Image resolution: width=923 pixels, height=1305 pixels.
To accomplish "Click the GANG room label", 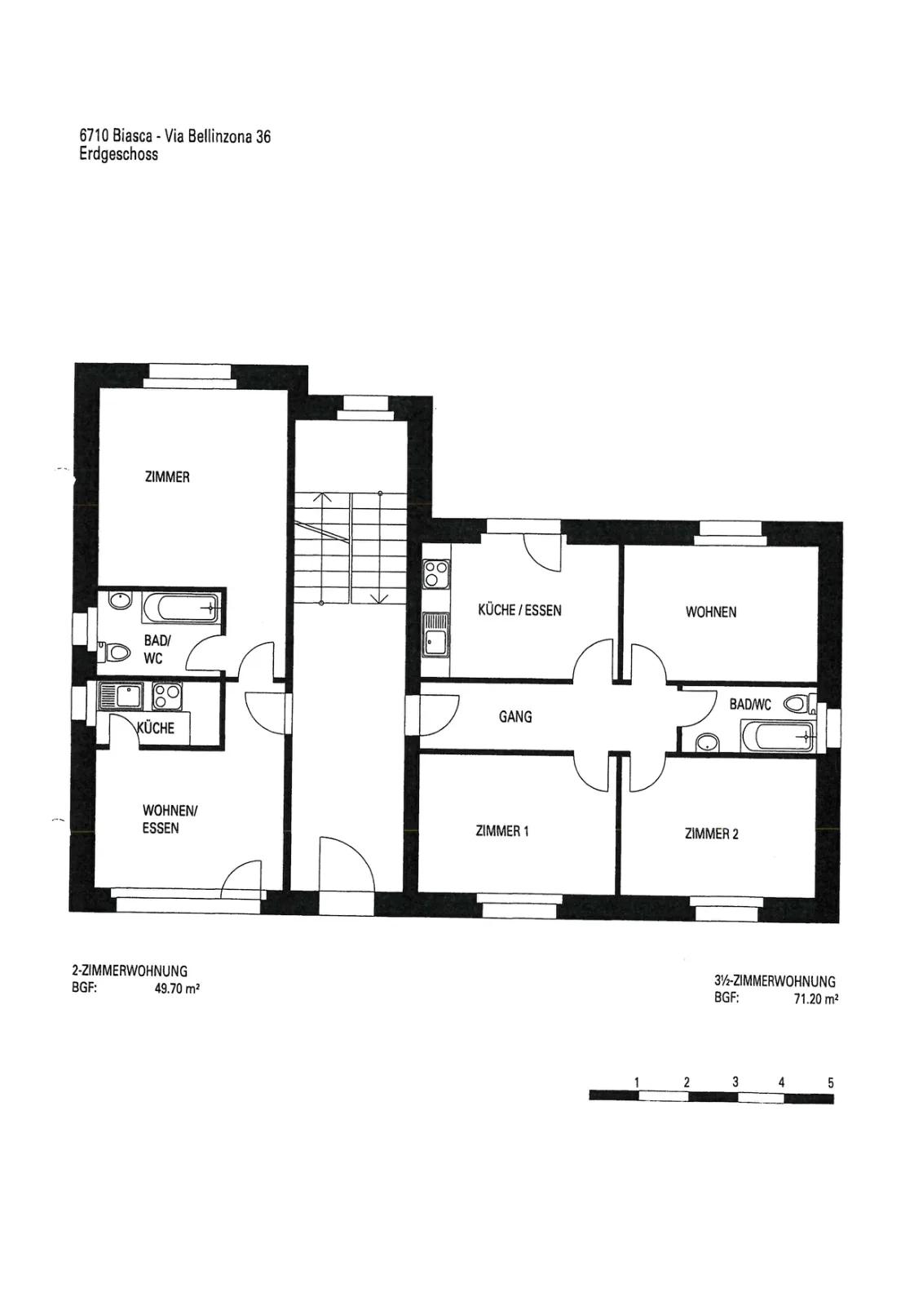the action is click(x=515, y=716).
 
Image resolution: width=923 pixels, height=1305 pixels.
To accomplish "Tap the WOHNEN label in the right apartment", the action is click(x=711, y=612).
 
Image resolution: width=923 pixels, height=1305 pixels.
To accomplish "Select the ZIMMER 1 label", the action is click(x=502, y=831).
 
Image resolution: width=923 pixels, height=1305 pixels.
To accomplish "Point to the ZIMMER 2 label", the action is click(x=712, y=834).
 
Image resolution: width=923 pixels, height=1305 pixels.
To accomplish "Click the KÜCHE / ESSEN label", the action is click(x=519, y=610).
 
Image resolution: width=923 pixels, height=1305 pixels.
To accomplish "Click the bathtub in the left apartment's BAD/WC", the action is click(x=181, y=608).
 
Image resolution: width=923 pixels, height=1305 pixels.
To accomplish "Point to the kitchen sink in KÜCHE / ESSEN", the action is click(x=436, y=635).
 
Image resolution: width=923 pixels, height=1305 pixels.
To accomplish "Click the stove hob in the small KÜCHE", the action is click(x=166, y=696).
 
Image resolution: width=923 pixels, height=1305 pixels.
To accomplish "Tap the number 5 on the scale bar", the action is click(x=830, y=1082).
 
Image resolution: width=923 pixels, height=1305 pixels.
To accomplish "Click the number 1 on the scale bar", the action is click(x=637, y=1082).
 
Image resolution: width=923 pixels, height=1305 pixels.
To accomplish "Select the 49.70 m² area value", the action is click(x=177, y=989).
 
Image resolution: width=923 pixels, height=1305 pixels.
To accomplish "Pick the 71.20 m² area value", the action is click(x=816, y=998).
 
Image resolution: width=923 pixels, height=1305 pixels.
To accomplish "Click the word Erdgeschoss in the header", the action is click(x=119, y=154).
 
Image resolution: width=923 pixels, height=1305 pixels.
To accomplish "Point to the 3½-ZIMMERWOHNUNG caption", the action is click(x=775, y=981).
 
